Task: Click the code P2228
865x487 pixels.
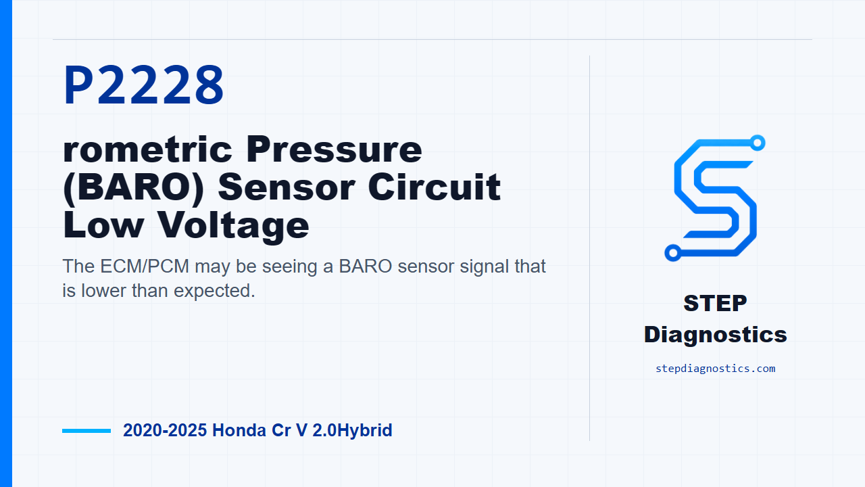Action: click(143, 85)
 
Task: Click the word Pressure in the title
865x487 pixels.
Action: click(334, 149)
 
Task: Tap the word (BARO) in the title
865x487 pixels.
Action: click(133, 188)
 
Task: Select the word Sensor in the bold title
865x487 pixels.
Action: click(286, 187)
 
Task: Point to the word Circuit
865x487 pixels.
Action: click(435, 187)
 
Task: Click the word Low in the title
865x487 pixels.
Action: click(103, 225)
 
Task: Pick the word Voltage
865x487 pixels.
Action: click(234, 227)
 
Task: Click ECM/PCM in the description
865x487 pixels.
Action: click(145, 266)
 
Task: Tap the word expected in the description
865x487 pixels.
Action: click(214, 291)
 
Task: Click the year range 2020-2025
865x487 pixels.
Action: click(165, 430)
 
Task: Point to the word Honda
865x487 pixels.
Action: click(239, 430)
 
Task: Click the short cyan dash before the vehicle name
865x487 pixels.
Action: click(86, 431)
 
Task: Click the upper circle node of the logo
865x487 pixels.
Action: click(758, 143)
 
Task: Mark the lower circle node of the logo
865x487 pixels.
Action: click(672, 253)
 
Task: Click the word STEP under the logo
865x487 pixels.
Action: click(715, 303)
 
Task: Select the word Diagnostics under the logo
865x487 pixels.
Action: click(715, 335)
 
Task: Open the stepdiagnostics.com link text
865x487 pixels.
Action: click(715, 369)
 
